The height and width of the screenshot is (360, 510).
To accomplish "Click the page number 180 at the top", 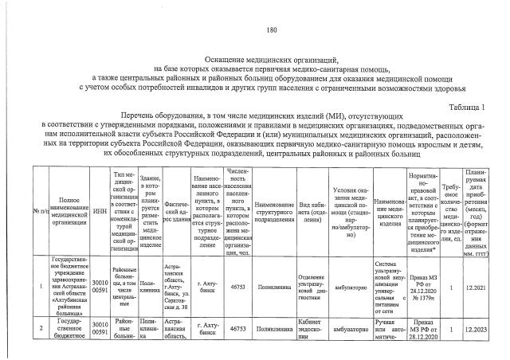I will point(271,30).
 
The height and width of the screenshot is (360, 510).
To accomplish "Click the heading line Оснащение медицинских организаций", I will point(271,59).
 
